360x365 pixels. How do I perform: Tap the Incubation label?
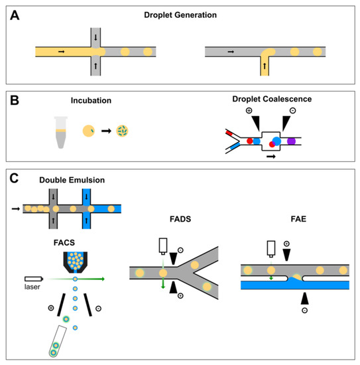pos(91,101)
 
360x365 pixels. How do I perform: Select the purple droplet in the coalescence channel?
pos(292,141)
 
